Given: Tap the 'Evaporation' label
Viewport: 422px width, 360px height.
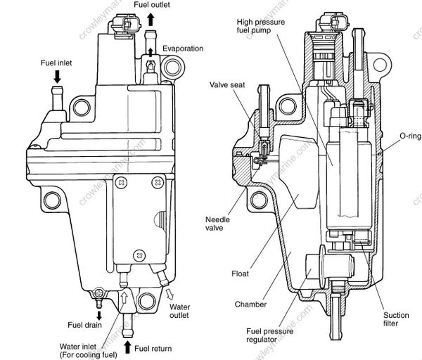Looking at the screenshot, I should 184,49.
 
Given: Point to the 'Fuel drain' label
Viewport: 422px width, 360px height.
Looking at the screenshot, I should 84,325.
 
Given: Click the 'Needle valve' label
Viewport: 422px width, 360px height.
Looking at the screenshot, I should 218,223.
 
